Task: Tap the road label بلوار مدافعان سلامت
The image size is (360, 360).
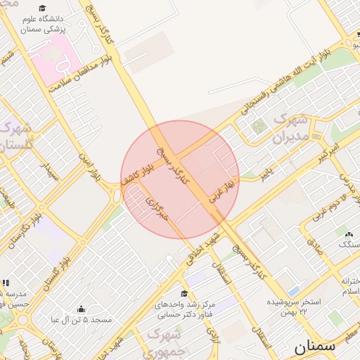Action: coord(82,70)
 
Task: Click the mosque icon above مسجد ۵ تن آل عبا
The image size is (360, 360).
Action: coord(81,309)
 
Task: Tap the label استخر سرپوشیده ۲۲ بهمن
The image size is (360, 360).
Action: coord(293,306)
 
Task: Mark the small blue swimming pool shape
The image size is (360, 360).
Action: coord(294,290)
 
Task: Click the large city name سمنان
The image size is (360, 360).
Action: coord(314,347)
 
